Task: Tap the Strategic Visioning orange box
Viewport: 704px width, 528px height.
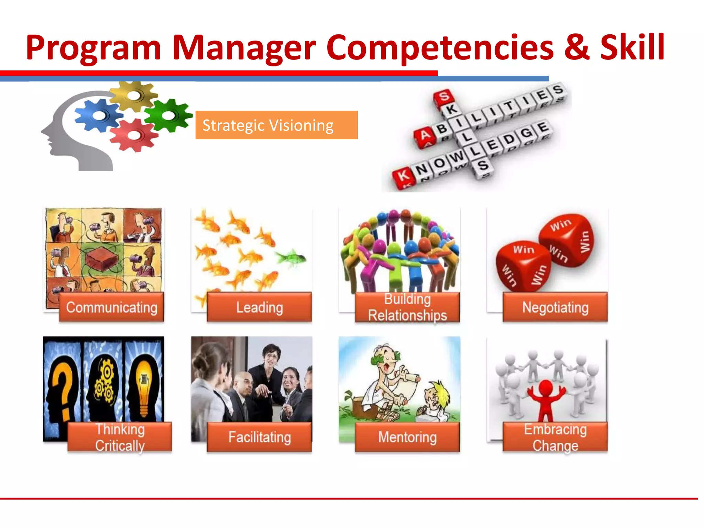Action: click(x=276, y=125)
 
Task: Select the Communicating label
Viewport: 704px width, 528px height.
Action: click(x=111, y=307)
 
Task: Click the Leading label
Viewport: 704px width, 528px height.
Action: click(x=259, y=307)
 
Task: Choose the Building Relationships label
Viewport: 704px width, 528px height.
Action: click(x=407, y=307)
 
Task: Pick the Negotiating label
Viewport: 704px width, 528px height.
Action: click(x=555, y=307)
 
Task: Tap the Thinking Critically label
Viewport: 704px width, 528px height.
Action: click(x=120, y=437)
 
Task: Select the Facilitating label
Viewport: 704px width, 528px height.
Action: click(x=259, y=437)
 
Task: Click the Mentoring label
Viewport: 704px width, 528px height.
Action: click(x=407, y=437)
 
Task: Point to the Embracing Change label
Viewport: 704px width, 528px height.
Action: click(x=555, y=437)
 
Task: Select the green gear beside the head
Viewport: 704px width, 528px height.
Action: click(x=168, y=115)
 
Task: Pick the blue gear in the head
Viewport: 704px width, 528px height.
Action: click(x=99, y=115)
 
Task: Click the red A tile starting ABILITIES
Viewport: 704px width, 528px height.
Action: click(x=425, y=135)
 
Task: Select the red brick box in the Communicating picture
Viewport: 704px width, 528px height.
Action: click(x=102, y=260)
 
